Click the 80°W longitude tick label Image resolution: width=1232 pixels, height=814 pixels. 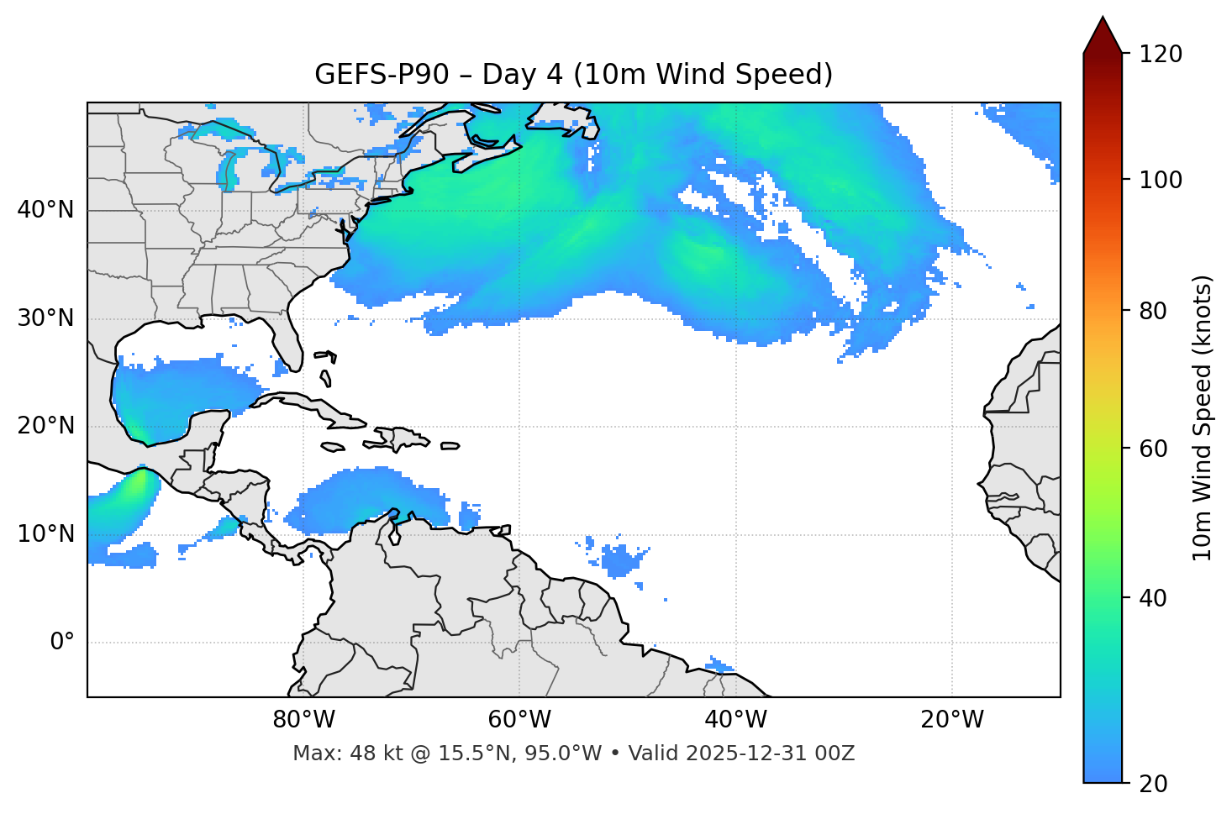(x=303, y=720)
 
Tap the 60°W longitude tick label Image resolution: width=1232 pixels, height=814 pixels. (x=519, y=720)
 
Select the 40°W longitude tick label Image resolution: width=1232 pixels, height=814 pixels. (x=735, y=720)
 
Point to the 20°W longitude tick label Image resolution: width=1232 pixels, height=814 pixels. (x=951, y=720)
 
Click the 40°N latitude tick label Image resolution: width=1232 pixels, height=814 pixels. (x=45, y=210)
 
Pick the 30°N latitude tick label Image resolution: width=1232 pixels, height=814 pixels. (x=45, y=318)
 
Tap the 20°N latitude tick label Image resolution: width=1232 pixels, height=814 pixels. (x=45, y=426)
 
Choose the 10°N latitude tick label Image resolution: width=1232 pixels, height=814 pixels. (x=45, y=534)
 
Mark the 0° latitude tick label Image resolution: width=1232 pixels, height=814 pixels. (x=62, y=643)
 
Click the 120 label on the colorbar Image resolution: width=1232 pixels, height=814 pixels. (x=1161, y=54)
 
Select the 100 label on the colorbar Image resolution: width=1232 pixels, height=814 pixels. (x=1161, y=180)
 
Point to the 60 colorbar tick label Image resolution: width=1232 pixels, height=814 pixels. (x=1154, y=449)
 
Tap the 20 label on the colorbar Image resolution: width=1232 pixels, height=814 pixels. (x=1154, y=784)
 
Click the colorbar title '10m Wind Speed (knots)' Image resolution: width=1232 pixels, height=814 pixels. (x=1203, y=418)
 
